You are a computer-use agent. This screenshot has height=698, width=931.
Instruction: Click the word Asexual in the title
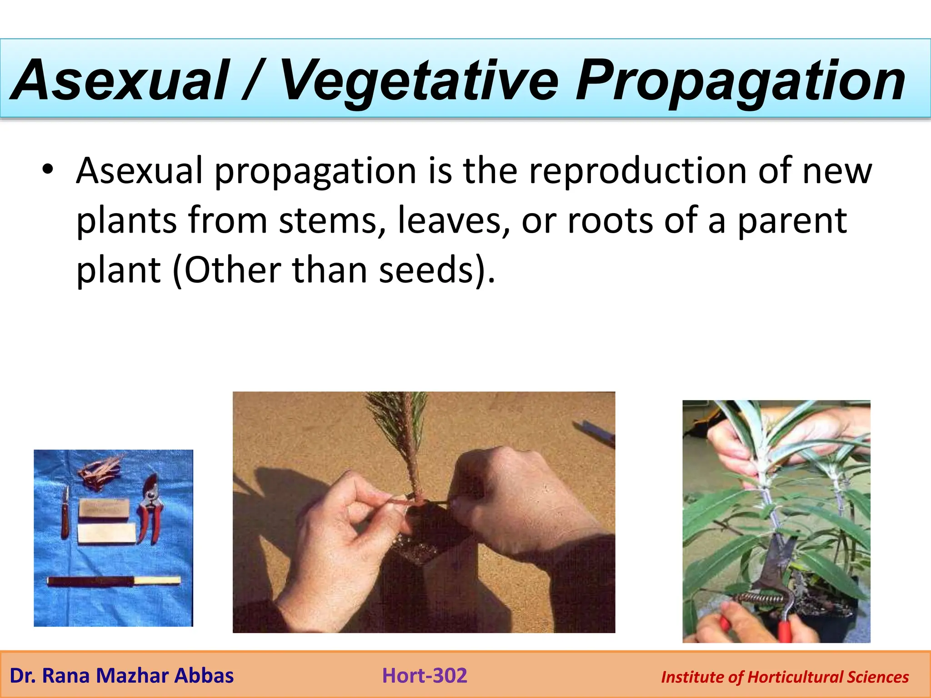click(x=120, y=80)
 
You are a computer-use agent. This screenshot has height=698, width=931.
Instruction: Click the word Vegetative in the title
click(x=418, y=80)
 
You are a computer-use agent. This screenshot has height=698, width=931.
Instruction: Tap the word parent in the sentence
click(x=791, y=221)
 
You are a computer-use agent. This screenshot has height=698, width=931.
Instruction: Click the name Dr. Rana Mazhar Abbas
click(x=121, y=676)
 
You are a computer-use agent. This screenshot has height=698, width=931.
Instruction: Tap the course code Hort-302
click(x=425, y=676)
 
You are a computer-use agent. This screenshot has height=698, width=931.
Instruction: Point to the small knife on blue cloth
click(x=65, y=514)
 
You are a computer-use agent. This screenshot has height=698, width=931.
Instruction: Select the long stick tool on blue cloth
click(x=114, y=581)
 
